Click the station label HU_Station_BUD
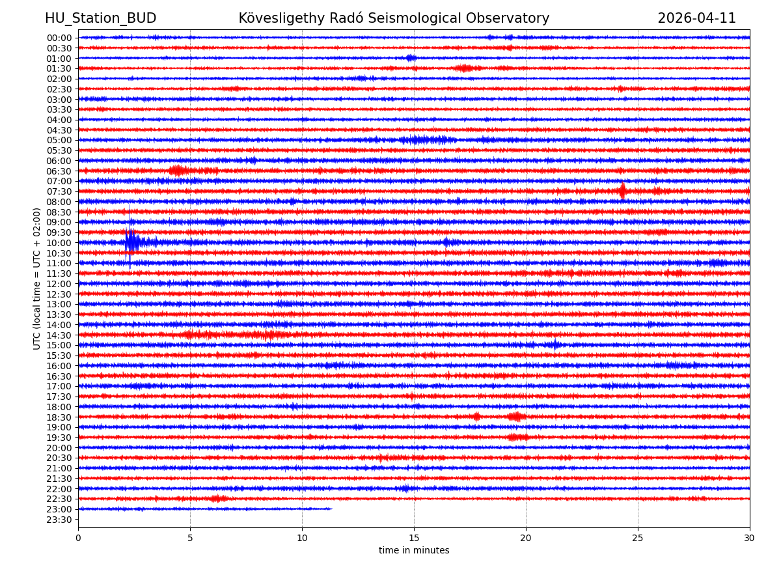pyautogui.click(x=100, y=18)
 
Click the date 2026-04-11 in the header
pyautogui.click(x=696, y=18)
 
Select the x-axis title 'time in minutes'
pyautogui.click(x=414, y=551)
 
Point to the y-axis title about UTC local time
pyautogui.click(x=37, y=279)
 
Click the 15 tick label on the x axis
pyautogui.click(x=414, y=538)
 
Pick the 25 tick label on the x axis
pyautogui.click(x=638, y=538)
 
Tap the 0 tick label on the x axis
pyautogui.click(x=78, y=538)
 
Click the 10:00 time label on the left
pyautogui.click(x=59, y=243)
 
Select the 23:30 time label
pyautogui.click(x=59, y=520)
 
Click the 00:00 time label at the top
pyautogui.click(x=59, y=38)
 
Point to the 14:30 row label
pyautogui.click(x=59, y=335)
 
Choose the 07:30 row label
pyautogui.click(x=59, y=191)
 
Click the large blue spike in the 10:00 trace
pyautogui.click(x=130, y=242)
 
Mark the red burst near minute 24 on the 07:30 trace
pyautogui.click(x=622, y=191)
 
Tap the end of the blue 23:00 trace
pyautogui.click(x=331, y=509)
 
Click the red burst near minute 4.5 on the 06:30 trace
pyautogui.click(x=178, y=171)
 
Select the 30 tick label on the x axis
pyautogui.click(x=749, y=538)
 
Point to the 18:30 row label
pyautogui.click(x=59, y=417)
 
